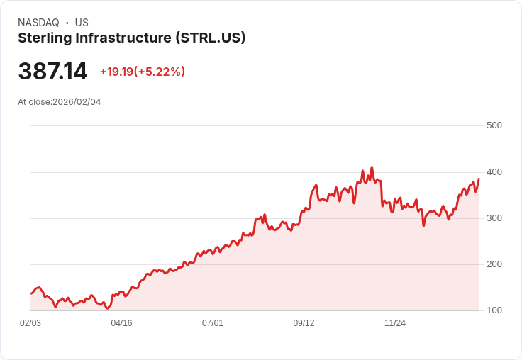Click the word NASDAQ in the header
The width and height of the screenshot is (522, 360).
click(38, 23)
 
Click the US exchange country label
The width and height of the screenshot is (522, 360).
click(82, 23)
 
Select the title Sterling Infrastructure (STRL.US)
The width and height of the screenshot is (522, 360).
click(131, 38)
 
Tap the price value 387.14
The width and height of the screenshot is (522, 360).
click(52, 72)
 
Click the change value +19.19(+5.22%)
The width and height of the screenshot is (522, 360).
click(142, 72)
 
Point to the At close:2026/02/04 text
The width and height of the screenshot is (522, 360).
click(59, 102)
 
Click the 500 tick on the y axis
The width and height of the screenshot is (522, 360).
click(494, 125)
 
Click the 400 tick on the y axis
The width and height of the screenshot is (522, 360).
click(494, 172)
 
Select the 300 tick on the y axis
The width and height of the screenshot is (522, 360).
click(494, 218)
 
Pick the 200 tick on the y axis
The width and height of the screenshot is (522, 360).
click(494, 264)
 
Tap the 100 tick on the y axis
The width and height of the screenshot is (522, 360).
click(494, 310)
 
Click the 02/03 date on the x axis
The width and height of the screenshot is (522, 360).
click(30, 323)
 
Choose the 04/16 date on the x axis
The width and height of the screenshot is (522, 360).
click(121, 323)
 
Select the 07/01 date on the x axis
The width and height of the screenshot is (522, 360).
click(213, 323)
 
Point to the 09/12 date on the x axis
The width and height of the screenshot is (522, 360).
click(304, 323)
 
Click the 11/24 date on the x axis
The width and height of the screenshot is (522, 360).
click(394, 323)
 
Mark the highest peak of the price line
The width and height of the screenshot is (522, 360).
click(372, 168)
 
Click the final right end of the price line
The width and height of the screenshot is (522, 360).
click(479, 179)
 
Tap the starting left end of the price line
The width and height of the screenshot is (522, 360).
click(30, 293)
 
